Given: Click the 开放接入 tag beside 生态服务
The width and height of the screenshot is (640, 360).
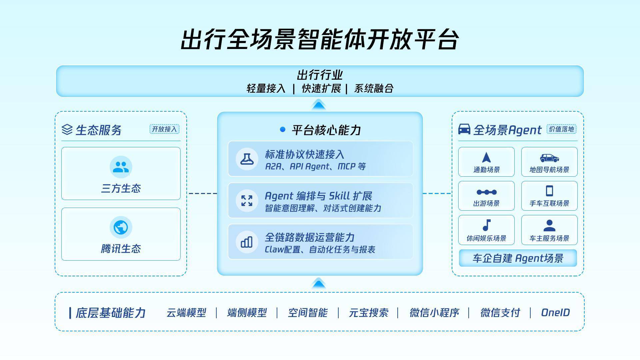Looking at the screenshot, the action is click(164, 129).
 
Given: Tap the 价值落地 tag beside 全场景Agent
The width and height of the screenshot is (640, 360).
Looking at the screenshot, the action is click(561, 129).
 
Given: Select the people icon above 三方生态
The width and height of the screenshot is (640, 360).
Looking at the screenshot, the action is click(121, 167).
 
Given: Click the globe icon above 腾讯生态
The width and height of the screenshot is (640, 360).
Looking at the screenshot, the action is click(121, 227).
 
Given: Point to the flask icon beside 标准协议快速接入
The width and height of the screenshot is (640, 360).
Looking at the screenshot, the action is click(247, 159).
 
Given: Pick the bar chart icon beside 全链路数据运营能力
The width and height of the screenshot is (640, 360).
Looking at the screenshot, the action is click(247, 242).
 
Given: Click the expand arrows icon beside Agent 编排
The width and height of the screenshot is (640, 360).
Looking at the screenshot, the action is click(247, 201).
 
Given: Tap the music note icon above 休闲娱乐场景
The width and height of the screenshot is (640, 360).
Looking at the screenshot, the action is click(487, 225).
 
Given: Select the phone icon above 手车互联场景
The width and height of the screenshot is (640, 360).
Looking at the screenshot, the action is click(549, 191).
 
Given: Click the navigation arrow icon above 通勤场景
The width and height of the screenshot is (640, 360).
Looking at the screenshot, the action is click(486, 157).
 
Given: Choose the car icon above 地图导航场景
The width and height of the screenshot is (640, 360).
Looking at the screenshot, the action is click(549, 158).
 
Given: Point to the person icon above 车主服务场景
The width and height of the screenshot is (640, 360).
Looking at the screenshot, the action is click(549, 226).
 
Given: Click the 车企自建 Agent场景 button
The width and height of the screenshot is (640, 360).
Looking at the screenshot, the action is click(518, 258).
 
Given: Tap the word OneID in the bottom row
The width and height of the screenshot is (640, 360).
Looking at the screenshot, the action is click(555, 313).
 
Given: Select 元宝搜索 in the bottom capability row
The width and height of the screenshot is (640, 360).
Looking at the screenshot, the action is click(368, 313).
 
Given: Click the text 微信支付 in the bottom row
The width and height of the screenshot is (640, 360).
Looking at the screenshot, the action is click(500, 313).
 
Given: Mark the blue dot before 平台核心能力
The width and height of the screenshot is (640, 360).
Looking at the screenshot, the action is click(283, 129).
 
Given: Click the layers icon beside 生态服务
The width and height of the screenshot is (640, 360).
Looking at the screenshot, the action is click(67, 130).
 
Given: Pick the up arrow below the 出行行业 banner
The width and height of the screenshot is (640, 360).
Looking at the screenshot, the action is click(319, 105).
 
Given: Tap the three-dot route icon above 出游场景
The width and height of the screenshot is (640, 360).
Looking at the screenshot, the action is click(486, 192).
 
